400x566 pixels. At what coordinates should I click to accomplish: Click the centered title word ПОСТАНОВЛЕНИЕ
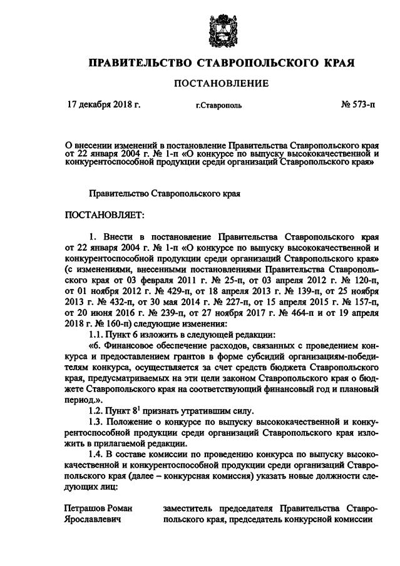click(220, 83)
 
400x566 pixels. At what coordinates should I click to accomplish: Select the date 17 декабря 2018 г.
click(104, 104)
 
